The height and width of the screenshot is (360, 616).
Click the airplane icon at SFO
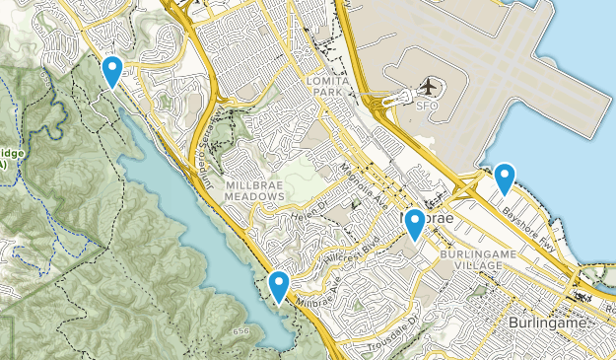[x=429, y=88]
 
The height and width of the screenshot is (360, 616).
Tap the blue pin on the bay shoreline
[x=505, y=179]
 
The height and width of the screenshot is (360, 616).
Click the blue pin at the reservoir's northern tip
[x=113, y=70]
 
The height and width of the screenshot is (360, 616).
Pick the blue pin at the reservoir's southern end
[x=280, y=286]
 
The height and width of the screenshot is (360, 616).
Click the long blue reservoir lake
[x=187, y=217]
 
